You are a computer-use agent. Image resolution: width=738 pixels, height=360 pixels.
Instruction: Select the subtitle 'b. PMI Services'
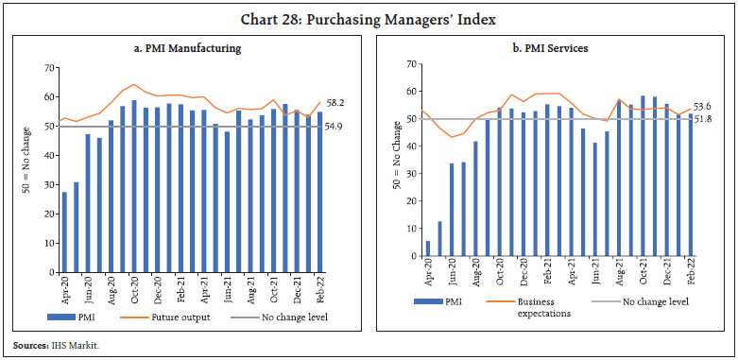(555, 48)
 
